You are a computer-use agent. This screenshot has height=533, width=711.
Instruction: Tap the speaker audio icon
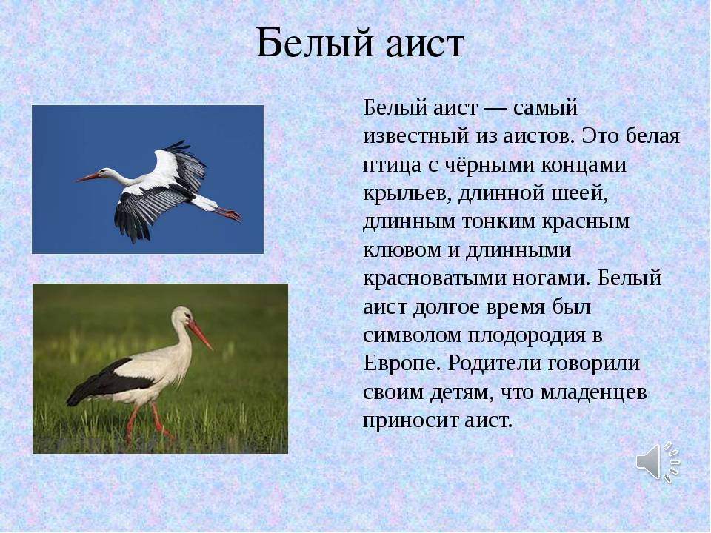pos(658,462)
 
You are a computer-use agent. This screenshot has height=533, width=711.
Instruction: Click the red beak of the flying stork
pos(87,177)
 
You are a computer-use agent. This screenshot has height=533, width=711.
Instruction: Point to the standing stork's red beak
pos(200,335)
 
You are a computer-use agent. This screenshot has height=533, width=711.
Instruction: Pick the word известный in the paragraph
pos(415,136)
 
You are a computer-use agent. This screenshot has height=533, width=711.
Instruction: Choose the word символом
pos(412,335)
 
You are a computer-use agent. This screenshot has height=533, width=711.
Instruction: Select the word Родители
pos(494,364)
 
